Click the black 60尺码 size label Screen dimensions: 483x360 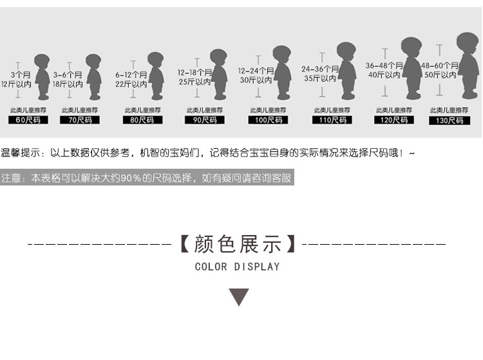[27, 120]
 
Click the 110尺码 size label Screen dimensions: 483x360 [332, 120]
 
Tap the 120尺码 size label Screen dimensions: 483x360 [393, 120]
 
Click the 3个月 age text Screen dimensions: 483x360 [17, 75]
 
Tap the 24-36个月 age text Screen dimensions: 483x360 [320, 69]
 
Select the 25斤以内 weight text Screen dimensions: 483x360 [194, 82]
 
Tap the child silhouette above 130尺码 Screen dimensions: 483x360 [468, 64]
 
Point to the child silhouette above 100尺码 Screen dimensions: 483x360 [281, 72]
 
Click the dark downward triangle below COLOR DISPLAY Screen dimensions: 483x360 [240, 297]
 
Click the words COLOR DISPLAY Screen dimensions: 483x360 [238, 267]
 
